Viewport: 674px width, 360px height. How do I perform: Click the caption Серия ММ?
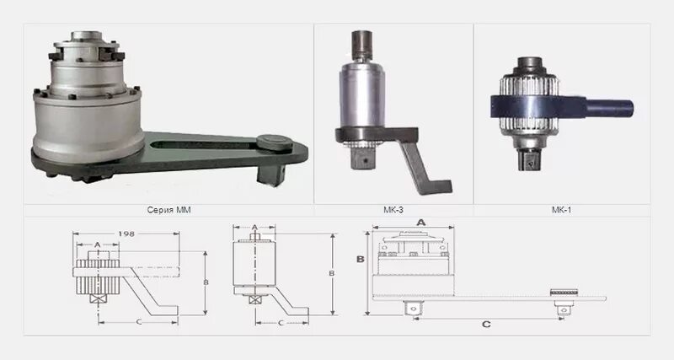[x=168, y=210]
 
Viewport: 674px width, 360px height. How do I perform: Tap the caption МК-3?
[x=393, y=210]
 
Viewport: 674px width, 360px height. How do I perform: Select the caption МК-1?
[x=561, y=210]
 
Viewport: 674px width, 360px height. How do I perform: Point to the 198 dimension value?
[x=126, y=234]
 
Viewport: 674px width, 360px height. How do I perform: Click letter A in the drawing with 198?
[x=97, y=244]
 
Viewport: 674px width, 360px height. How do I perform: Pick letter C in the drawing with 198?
[x=138, y=321]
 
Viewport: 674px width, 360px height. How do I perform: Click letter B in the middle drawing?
[x=331, y=273]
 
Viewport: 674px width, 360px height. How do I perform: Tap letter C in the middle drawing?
[x=281, y=322]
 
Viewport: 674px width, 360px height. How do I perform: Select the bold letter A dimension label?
[x=421, y=223]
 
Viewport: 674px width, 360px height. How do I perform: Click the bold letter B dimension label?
[x=361, y=259]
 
